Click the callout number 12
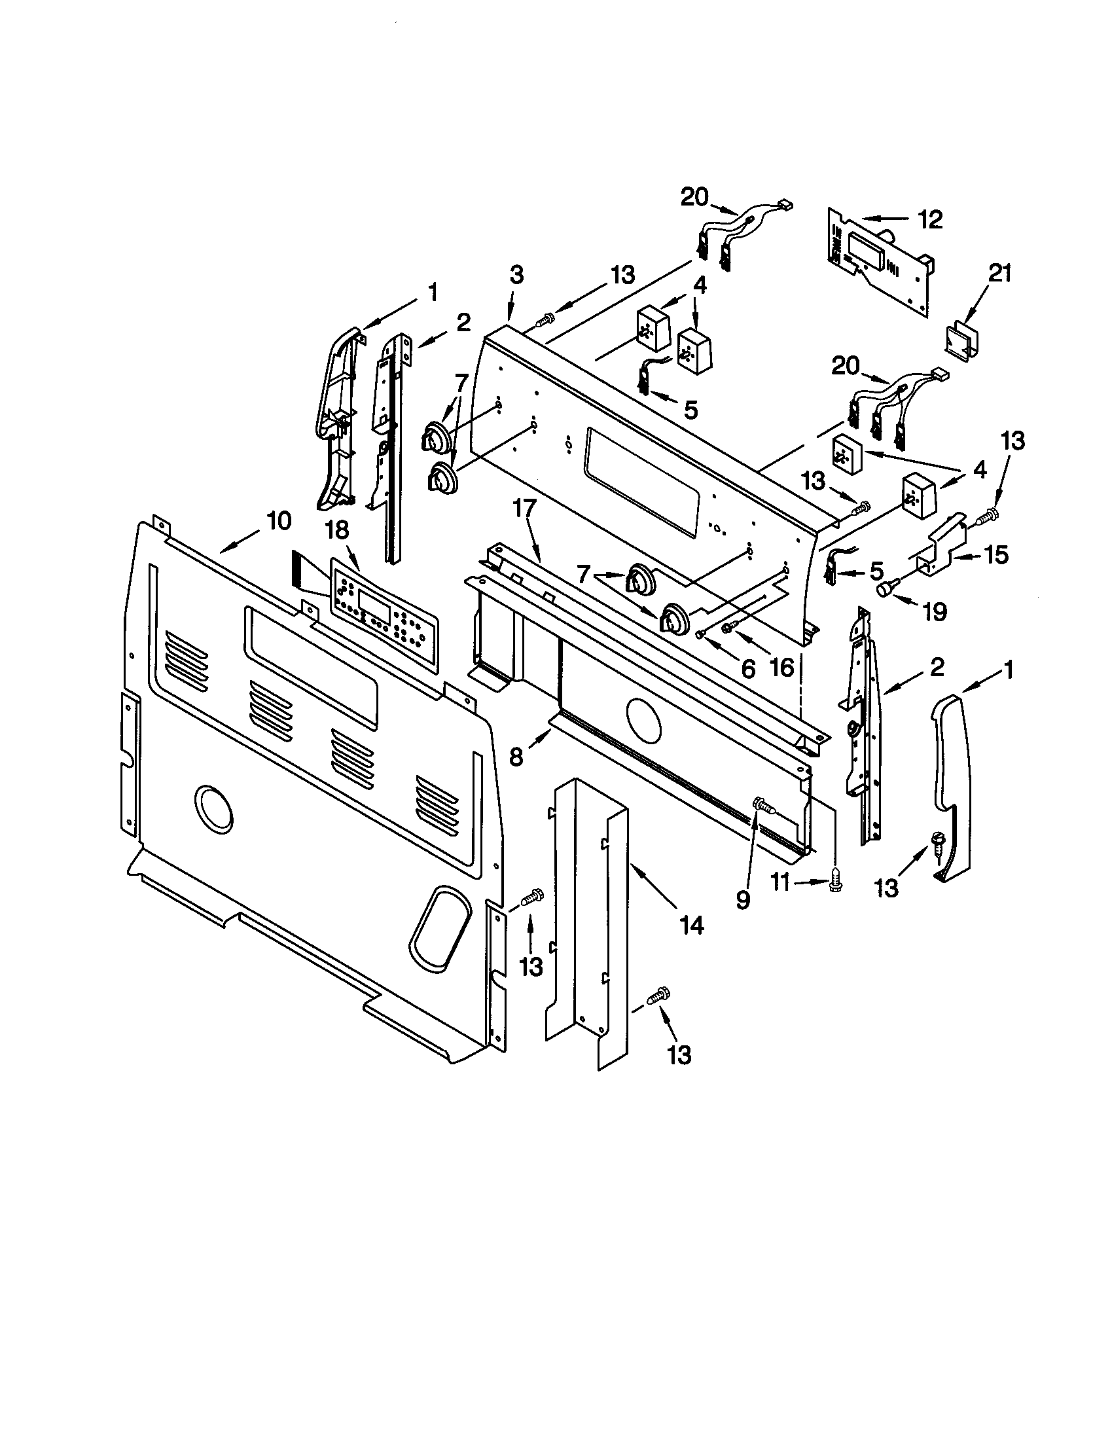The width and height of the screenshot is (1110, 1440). pos(930,219)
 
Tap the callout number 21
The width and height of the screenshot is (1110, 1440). pos(999,273)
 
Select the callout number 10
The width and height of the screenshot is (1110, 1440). pos(278,521)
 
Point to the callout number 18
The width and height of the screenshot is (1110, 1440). pos(338,531)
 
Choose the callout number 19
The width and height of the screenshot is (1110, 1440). pos(934,611)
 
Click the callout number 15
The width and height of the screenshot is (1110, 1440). pos(996,555)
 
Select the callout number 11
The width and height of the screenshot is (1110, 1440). pos(779,882)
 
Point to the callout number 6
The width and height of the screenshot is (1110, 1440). pos(747,668)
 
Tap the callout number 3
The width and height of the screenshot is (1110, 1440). pos(516,276)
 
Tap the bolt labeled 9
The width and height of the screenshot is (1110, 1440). pos(762,805)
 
